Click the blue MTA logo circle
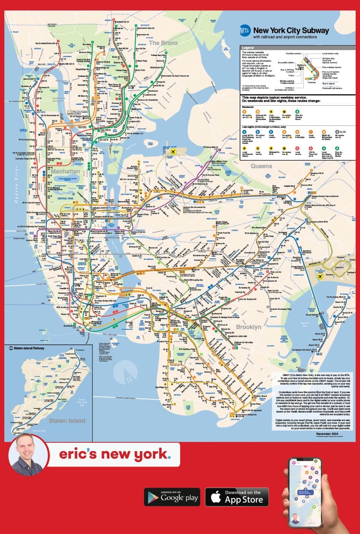coord(245,31)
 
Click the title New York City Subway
coord(291,30)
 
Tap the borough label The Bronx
coord(163,43)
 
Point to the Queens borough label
coord(261,166)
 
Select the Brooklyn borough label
coord(249,327)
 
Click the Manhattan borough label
coord(65,171)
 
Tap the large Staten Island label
coord(67,421)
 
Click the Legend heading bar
coord(297,48)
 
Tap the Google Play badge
coord(172,497)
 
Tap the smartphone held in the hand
coord(305,492)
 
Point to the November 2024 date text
coord(329,433)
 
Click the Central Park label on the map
coord(65,198)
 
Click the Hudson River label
coord(17,184)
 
